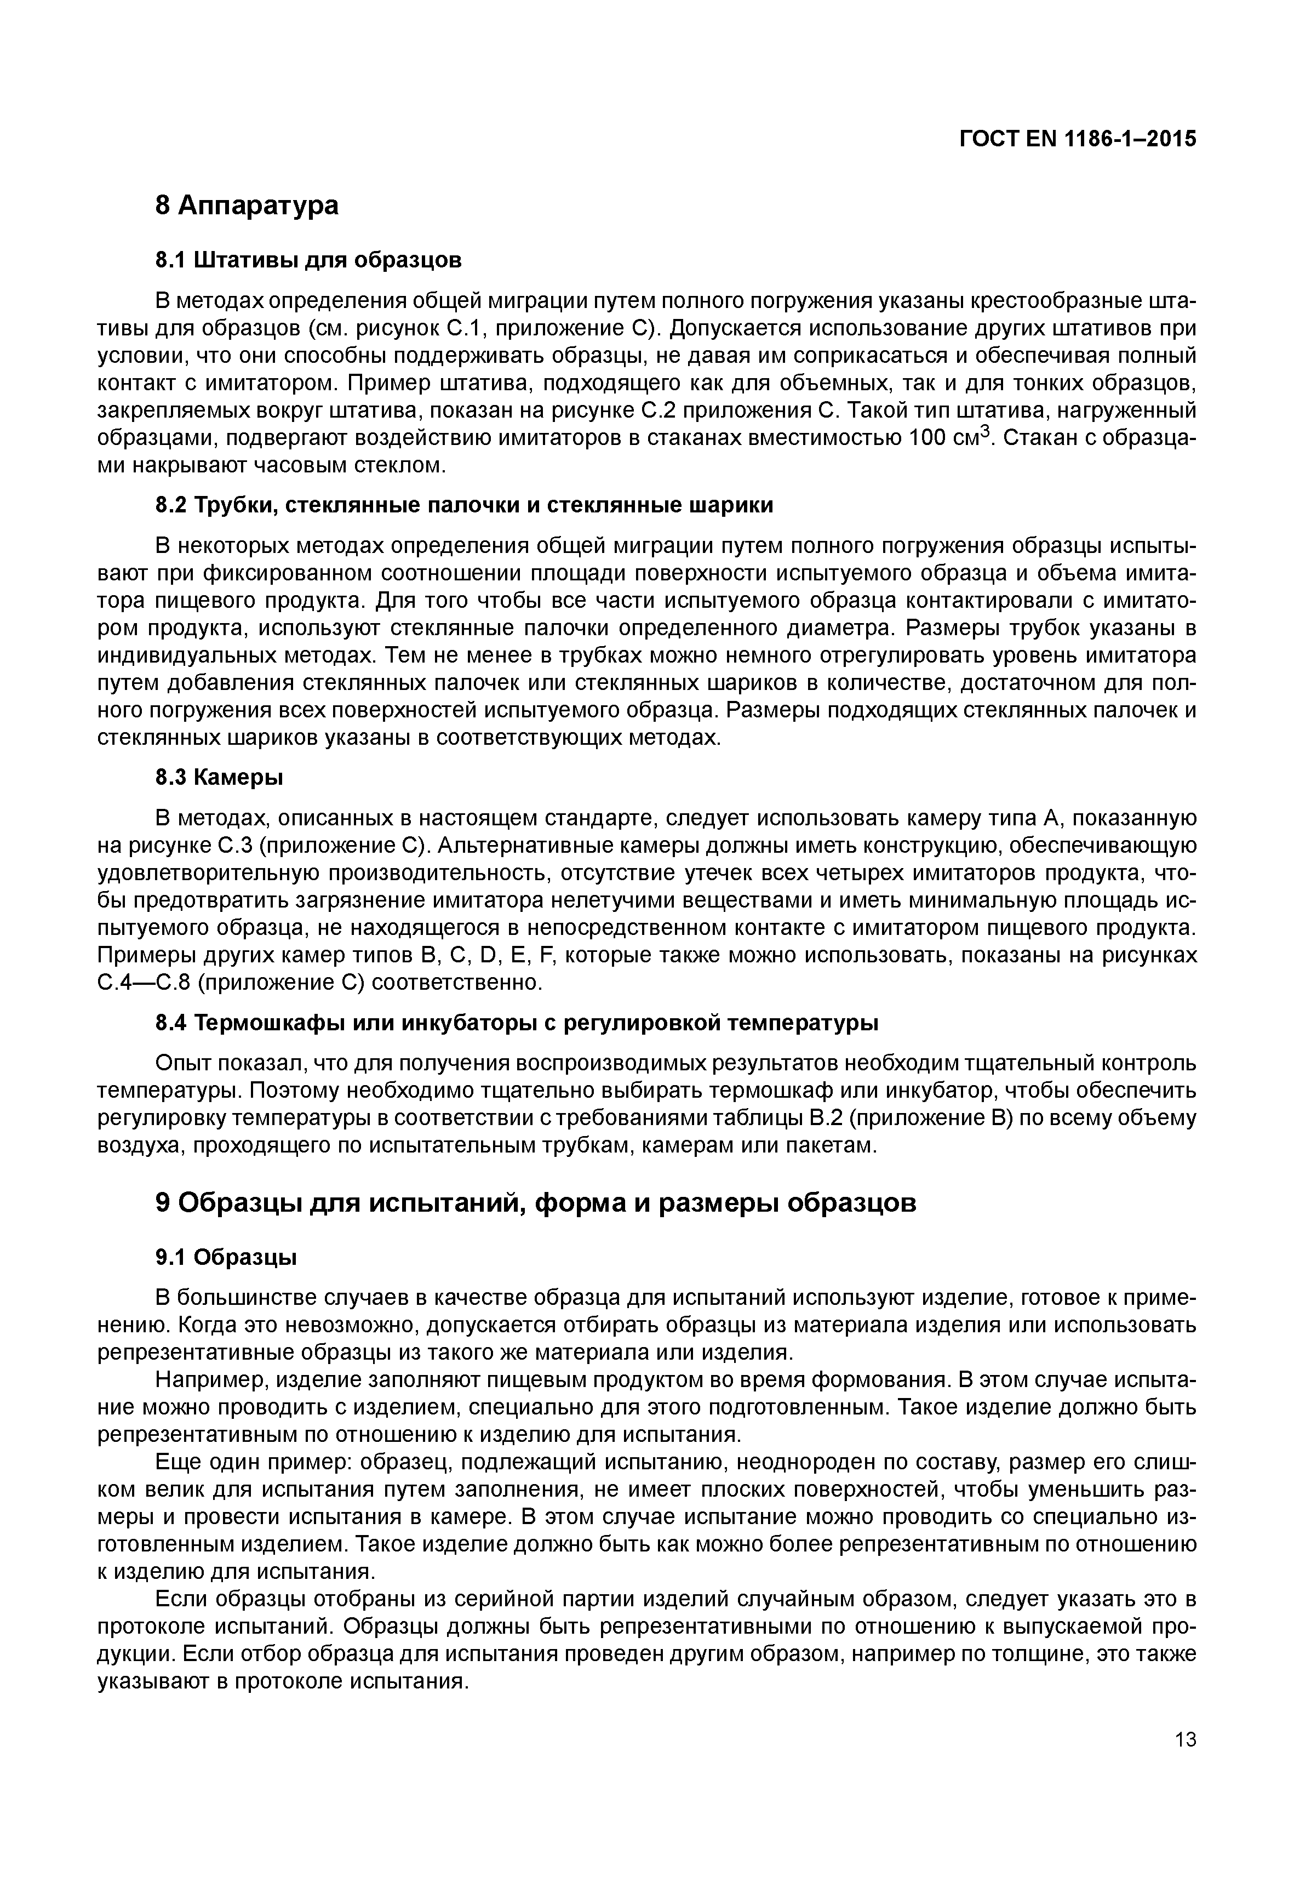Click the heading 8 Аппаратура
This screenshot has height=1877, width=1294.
coord(247,205)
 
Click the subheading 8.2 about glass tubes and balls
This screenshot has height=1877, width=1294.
coord(464,505)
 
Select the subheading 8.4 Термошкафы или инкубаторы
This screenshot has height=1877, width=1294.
coord(517,1023)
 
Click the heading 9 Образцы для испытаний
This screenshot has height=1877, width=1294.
coord(535,1202)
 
